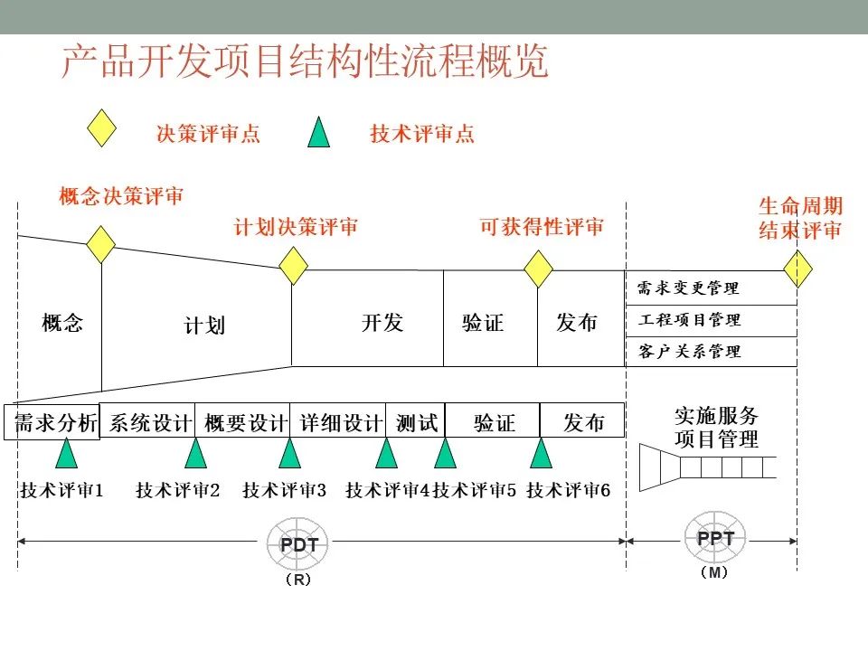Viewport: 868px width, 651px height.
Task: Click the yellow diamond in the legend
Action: (x=102, y=127)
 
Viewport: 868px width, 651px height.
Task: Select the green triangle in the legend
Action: (x=319, y=132)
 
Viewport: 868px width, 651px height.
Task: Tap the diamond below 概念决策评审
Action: (x=101, y=244)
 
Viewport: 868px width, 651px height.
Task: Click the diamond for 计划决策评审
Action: (x=293, y=266)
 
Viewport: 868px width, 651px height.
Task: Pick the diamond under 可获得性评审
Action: (x=539, y=269)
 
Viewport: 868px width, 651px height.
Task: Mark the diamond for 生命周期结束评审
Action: (x=797, y=269)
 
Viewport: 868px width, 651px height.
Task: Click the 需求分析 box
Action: (x=52, y=422)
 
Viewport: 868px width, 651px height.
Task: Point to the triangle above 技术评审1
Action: (x=66, y=453)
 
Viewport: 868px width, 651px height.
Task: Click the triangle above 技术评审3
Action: (x=289, y=453)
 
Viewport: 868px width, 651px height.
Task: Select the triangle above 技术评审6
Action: (x=541, y=453)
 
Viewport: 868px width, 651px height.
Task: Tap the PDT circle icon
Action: (x=297, y=544)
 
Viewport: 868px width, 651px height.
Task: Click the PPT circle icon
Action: (x=715, y=537)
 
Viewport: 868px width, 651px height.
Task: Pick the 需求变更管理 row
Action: (x=712, y=288)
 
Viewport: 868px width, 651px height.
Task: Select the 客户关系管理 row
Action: (x=712, y=352)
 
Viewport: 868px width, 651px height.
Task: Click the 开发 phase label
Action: (x=382, y=322)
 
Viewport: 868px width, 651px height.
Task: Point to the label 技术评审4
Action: (x=388, y=490)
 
